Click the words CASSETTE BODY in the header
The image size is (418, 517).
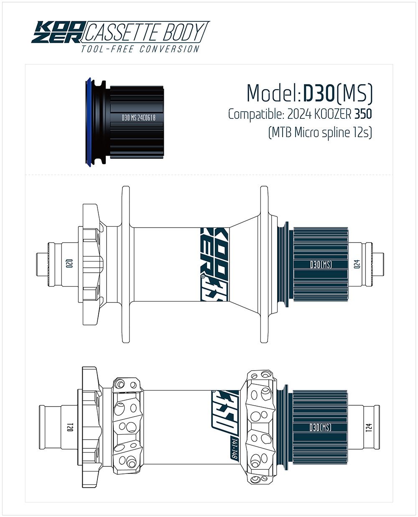pyautogui.click(x=145, y=32)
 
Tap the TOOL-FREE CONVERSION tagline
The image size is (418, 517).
pyautogui.click(x=140, y=49)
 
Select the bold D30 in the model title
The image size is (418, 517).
pyautogui.click(x=319, y=93)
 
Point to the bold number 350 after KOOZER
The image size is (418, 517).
pyautogui.click(x=363, y=114)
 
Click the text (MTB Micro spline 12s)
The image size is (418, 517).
pyautogui.click(x=320, y=133)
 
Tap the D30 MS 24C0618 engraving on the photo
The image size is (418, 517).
pyautogui.click(x=138, y=118)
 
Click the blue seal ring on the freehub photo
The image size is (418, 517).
pyautogui.click(x=88, y=123)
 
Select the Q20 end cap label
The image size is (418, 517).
pyautogui.click(x=69, y=264)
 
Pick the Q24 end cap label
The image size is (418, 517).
pyautogui.click(x=357, y=264)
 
